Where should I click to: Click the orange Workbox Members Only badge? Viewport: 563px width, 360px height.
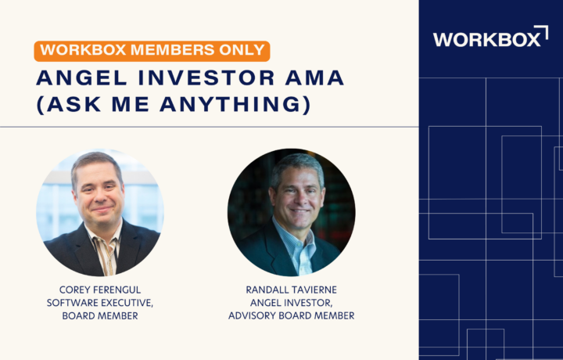152,51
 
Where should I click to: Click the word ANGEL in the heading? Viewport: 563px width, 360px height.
82,77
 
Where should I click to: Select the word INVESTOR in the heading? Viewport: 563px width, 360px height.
206,77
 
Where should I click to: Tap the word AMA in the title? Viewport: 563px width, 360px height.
314,77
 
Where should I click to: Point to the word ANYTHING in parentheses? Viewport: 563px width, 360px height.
235,104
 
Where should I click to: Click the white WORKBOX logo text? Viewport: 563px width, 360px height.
486,39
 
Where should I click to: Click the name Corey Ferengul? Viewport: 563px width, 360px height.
100,290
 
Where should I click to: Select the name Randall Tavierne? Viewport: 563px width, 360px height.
291,290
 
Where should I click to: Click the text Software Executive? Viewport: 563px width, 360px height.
100,303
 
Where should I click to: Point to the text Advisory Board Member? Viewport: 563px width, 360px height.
291,315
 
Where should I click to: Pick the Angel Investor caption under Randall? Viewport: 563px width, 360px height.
291,303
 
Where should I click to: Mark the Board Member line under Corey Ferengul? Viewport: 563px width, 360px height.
100,316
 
